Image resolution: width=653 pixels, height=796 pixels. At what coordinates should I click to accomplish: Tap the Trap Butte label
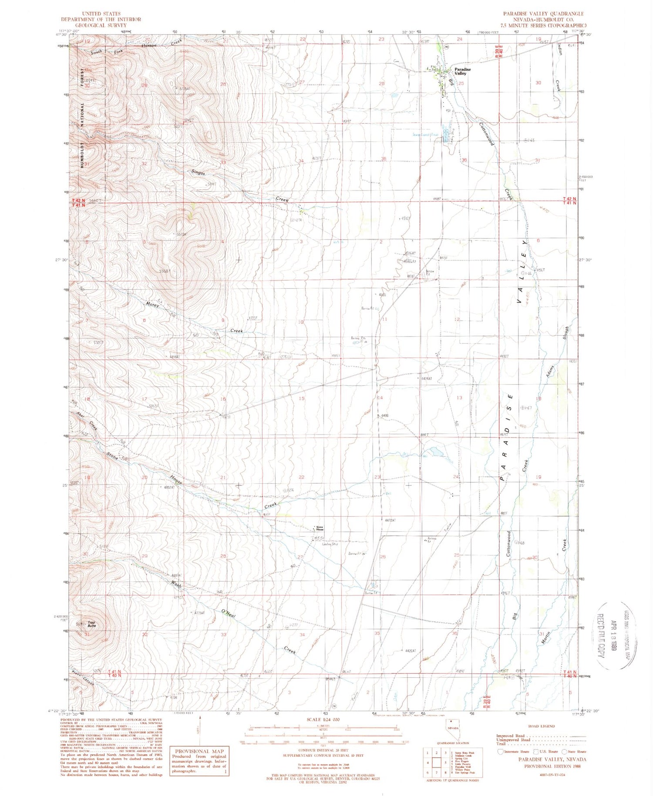[91, 625]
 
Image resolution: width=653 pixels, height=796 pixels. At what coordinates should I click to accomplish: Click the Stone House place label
[320, 528]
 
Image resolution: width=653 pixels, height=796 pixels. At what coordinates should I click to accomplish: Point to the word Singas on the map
[198, 172]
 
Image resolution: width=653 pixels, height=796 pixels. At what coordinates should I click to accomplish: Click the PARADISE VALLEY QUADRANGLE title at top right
[544, 14]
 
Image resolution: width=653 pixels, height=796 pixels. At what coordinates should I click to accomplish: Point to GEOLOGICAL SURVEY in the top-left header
[101, 25]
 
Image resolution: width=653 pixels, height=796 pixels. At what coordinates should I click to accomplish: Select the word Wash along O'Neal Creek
[176, 584]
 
